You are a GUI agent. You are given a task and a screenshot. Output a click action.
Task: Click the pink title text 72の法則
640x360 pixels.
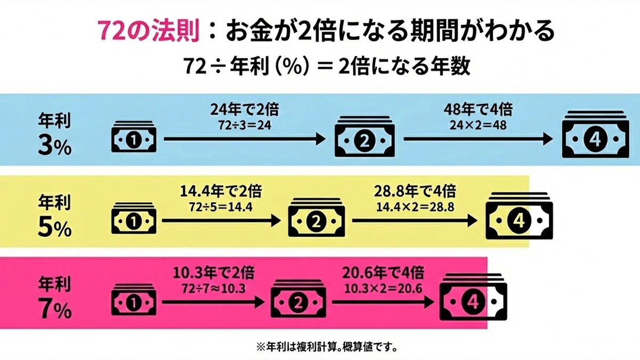point(148,31)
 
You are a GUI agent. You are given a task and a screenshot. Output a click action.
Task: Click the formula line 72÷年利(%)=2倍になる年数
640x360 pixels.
point(326,66)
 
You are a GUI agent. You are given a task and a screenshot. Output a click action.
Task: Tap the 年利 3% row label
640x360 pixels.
point(54,134)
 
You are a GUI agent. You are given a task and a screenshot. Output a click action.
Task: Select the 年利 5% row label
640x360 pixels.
point(54,215)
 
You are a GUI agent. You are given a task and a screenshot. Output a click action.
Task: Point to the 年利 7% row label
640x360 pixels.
point(54,298)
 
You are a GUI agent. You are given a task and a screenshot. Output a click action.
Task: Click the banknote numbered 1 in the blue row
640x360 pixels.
point(134,137)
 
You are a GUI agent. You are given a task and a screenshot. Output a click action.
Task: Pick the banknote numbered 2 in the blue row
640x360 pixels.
point(365,137)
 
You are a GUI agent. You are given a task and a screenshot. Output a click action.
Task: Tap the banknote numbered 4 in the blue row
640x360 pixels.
point(595,134)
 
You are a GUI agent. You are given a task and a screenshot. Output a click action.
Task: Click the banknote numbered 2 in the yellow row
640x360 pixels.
point(316,217)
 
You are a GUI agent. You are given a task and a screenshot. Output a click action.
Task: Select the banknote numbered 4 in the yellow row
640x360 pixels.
point(519,215)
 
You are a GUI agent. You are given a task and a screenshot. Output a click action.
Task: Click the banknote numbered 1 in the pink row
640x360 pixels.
point(134,300)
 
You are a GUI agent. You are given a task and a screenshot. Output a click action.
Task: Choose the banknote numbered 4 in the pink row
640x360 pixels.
point(473,297)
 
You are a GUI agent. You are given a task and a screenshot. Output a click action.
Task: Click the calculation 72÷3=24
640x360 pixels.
point(245,125)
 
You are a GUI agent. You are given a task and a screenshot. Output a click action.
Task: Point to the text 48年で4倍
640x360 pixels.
point(478,109)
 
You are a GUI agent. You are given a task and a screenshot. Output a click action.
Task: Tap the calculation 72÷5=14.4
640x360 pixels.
point(221,207)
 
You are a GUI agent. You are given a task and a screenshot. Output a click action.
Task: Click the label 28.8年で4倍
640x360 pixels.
point(415,191)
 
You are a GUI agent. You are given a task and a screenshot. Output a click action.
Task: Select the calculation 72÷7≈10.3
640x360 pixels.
point(213,289)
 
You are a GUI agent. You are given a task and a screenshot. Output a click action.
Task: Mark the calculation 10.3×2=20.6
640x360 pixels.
point(383,289)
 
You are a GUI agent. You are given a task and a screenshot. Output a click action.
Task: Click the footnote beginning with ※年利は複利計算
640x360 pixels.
point(326,347)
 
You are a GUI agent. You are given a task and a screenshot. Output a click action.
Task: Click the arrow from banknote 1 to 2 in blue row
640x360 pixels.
point(245,139)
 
